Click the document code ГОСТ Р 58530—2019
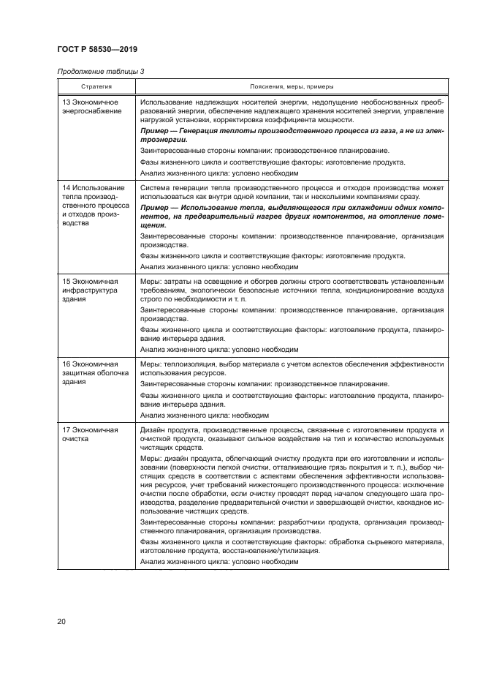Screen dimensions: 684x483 (97, 49)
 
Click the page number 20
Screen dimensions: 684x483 (62, 622)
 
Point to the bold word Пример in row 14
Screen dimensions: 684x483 (156, 208)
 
